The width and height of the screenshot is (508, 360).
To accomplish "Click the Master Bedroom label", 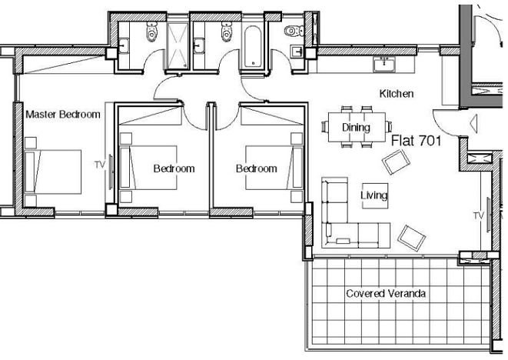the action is [x=63, y=115].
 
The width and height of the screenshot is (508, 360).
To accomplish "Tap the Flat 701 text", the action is [x=417, y=141].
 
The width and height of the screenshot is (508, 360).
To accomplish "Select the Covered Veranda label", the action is [x=386, y=294].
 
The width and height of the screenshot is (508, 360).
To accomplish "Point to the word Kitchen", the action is [x=397, y=94].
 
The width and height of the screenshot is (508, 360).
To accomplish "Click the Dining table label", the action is [x=356, y=127].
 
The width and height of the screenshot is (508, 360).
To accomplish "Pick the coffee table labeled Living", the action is [x=375, y=195].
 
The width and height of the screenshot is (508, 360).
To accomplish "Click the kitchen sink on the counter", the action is [x=384, y=64].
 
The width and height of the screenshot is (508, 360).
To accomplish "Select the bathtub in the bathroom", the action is [x=252, y=47].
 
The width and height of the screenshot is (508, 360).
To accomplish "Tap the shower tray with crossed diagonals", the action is [x=177, y=45].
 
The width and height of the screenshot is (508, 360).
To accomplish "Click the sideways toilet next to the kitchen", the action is [x=294, y=31].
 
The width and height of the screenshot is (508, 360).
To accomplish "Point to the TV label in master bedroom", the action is [x=100, y=165].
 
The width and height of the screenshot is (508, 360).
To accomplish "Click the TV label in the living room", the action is [x=478, y=215].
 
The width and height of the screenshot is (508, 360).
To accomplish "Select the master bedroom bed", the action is [x=53, y=172].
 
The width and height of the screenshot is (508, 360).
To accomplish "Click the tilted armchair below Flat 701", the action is [x=396, y=162].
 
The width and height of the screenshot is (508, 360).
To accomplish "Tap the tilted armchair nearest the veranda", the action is [x=411, y=238].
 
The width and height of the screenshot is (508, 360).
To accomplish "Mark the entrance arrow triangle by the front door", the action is [x=473, y=124].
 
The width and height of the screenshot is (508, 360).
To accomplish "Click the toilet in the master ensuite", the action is [x=151, y=31].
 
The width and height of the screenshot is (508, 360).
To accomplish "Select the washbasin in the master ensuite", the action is [x=124, y=45].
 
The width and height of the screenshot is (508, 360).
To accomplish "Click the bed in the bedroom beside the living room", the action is [x=274, y=168].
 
